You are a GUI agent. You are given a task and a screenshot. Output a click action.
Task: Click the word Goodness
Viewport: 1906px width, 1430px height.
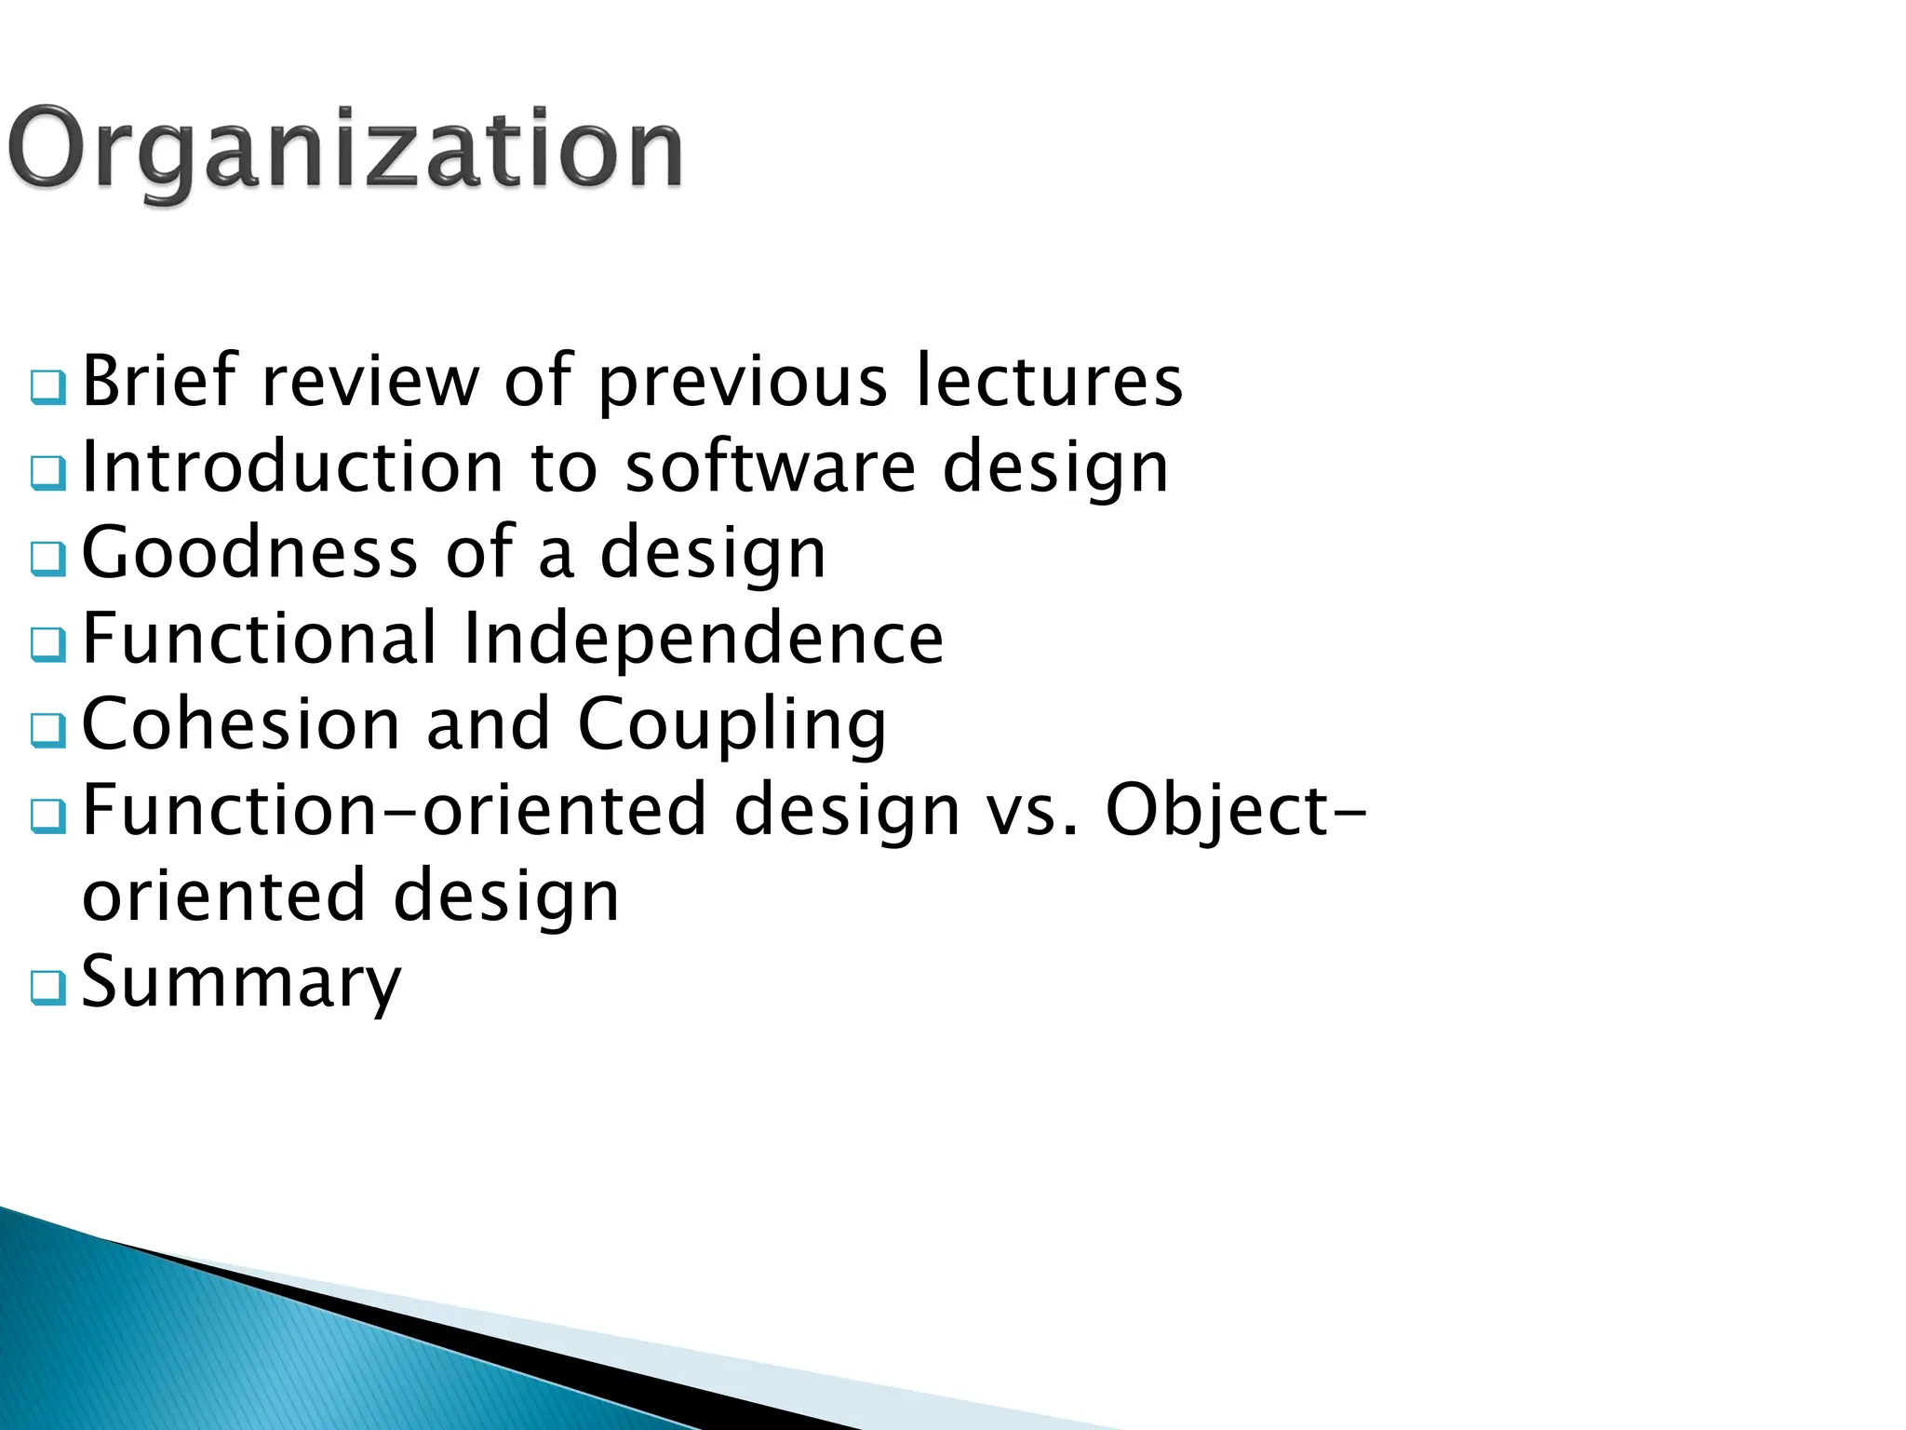(x=249, y=552)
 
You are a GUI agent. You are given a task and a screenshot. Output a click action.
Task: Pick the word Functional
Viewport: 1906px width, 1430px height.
(x=260, y=638)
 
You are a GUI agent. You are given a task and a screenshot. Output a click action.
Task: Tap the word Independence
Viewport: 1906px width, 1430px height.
(x=703, y=638)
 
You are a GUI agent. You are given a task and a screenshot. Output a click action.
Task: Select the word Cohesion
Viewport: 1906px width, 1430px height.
(x=241, y=723)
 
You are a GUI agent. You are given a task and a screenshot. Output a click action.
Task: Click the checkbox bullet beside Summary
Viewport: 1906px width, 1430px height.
(x=47, y=988)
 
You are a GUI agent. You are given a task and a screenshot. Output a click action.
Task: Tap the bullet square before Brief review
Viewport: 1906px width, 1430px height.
(x=47, y=387)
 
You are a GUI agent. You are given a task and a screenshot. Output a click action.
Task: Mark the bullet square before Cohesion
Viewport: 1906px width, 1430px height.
(x=47, y=731)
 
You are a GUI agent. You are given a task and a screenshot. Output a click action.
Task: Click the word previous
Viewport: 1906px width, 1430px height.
(x=743, y=382)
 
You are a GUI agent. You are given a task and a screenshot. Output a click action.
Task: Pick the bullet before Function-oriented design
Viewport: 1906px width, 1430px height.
(x=47, y=816)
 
